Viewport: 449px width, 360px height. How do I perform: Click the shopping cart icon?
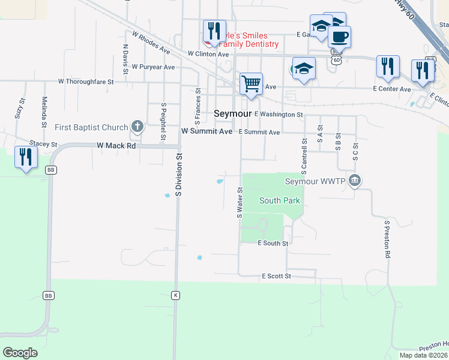[x=251, y=83]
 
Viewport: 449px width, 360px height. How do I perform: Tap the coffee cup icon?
[x=339, y=37]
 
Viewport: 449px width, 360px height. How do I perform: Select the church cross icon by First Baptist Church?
[x=137, y=127]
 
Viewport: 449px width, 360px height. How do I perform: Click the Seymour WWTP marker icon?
[x=355, y=181]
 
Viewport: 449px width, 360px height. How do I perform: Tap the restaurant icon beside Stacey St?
[x=26, y=157]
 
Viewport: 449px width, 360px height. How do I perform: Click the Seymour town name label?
[x=233, y=113]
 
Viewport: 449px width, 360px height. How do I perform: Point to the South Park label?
[x=279, y=200]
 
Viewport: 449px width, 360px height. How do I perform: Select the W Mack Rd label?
[x=116, y=146]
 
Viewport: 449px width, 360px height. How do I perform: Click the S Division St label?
[x=178, y=175]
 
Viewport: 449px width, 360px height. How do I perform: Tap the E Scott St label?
[x=276, y=276]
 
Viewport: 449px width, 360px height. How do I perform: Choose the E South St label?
[x=273, y=244]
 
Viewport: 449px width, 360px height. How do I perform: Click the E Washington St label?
[x=279, y=114]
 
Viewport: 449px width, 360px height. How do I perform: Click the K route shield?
[x=175, y=295]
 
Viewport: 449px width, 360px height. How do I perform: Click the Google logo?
[x=20, y=353]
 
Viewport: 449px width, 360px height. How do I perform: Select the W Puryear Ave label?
[x=153, y=67]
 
